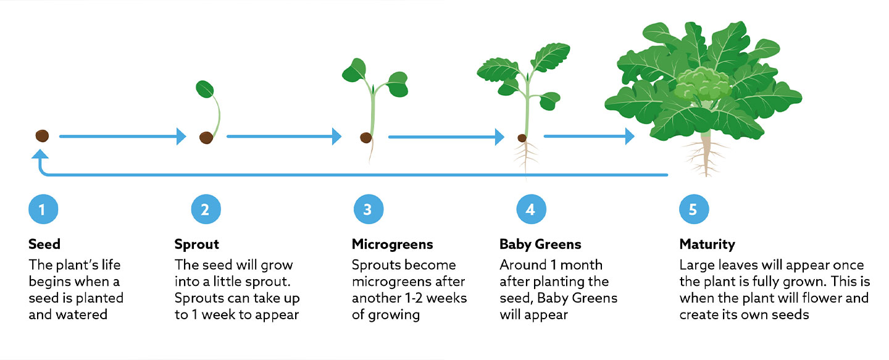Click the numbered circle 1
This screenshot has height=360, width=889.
tap(42, 209)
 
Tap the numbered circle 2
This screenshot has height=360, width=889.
tap(204, 209)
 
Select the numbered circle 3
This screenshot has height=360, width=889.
tap(368, 209)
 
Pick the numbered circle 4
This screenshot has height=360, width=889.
tap(530, 209)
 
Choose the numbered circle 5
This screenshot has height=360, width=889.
tap(693, 209)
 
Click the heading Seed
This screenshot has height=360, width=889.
tap(44, 244)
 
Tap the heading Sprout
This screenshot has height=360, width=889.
tap(196, 244)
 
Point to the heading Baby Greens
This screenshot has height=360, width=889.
tap(540, 244)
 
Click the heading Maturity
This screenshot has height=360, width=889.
tap(707, 244)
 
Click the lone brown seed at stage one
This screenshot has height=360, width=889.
tap(43, 136)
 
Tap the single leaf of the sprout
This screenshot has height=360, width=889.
tap(204, 89)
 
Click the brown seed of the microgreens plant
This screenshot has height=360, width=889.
tap(366, 137)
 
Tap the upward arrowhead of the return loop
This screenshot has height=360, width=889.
tap(42, 158)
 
